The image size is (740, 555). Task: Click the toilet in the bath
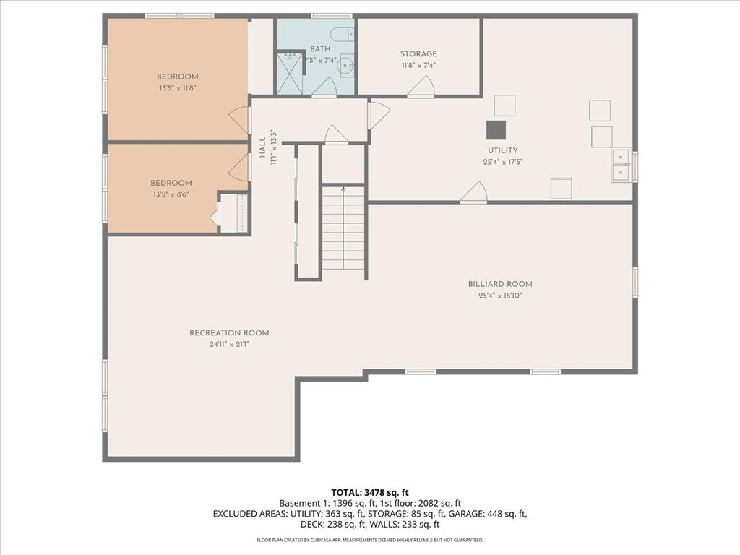pos(341,34)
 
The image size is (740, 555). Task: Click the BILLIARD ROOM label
pos(500,284)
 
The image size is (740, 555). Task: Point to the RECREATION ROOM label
pos(229,332)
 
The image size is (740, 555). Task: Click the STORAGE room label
pos(418,53)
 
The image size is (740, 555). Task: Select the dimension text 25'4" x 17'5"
pos(503,162)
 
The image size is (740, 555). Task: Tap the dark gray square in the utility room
pos(496,130)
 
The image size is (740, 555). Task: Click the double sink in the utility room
pos(621,165)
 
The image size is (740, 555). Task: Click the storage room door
pos(421,87)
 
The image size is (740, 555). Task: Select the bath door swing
pos(324,87)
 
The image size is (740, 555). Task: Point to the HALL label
pos(262,147)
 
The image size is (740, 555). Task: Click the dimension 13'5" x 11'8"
pos(178,88)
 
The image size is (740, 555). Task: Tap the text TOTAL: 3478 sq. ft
pos(370,493)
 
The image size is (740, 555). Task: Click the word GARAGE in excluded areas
pos(465,514)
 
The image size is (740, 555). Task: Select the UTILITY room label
pos(503,150)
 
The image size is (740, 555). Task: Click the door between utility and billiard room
pos(473,192)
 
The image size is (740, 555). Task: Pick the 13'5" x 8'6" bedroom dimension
pos(171,194)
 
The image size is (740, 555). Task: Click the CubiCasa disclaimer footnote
pos(370,540)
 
